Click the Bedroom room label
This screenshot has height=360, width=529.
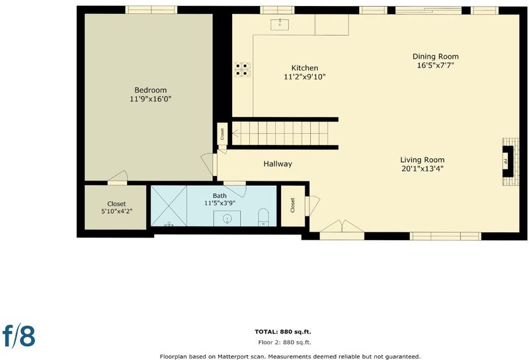coord(151,90)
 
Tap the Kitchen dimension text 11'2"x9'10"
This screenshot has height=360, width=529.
coord(305,77)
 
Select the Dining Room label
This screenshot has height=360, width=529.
coord(436,56)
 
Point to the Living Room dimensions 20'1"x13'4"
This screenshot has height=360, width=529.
coord(423,169)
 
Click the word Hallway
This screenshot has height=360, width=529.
coord(278,164)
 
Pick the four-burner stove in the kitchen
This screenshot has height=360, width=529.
coord(243,69)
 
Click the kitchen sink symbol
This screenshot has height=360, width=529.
coord(280,24)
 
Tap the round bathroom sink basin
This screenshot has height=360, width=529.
coord(227,219)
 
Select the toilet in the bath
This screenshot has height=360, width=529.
coord(263,218)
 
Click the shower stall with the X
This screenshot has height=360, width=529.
coord(169,206)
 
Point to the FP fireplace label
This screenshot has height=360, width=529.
coord(505,161)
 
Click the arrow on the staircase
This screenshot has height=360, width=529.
coord(235,134)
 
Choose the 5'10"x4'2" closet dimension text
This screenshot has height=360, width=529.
coord(116,212)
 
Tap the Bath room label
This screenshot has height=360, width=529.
coord(220,195)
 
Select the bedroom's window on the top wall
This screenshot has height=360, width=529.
coord(151,10)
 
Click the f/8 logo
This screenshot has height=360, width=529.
coord(19,336)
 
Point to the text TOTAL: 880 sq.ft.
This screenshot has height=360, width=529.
coord(283,332)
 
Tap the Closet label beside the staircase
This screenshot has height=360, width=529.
coord(222,134)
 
